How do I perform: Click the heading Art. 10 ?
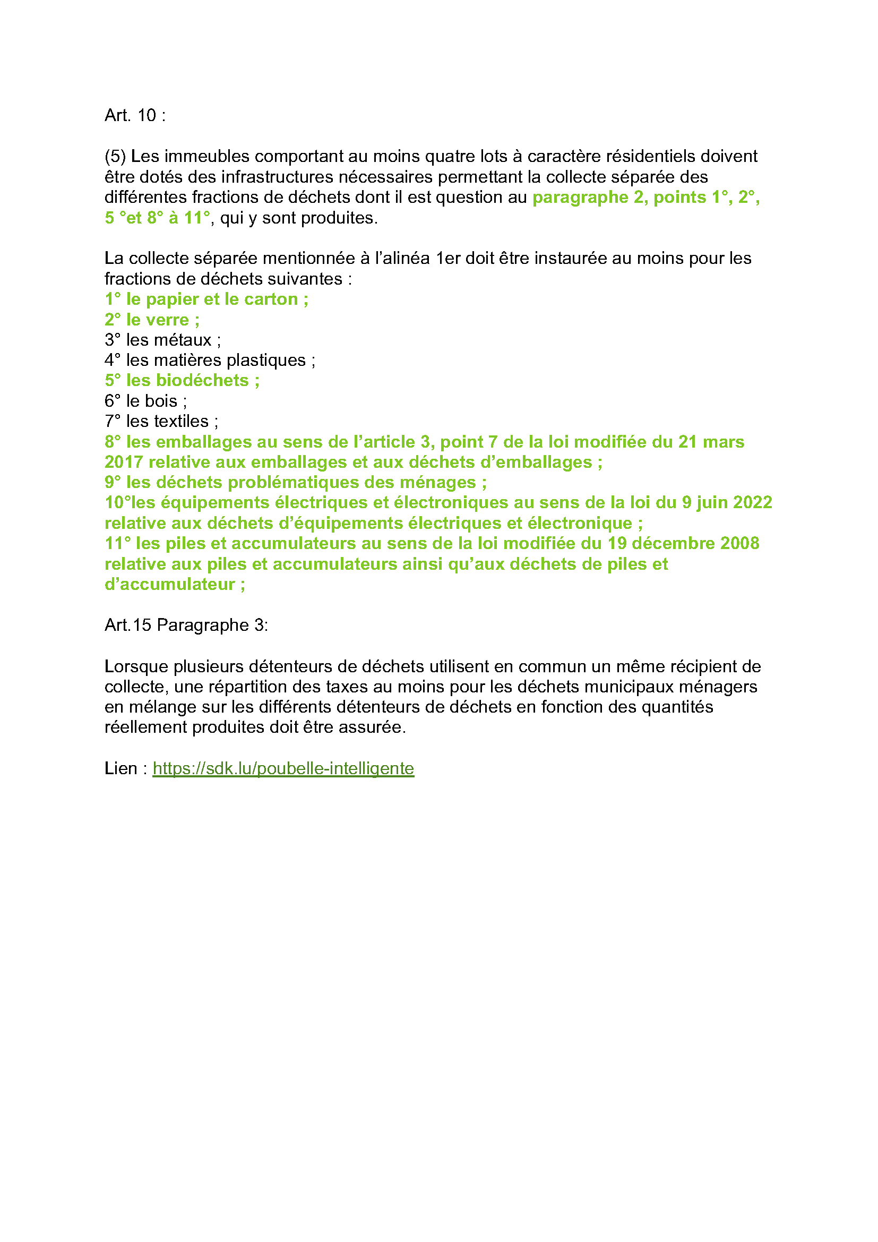[x=135, y=115]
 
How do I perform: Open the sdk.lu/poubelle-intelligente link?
[x=283, y=768]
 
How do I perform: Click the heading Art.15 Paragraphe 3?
[x=186, y=625]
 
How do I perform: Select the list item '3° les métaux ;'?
[x=163, y=340]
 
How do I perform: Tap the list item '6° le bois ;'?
[x=145, y=401]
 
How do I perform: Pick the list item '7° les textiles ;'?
[x=161, y=421]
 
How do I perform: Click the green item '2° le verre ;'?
[x=152, y=320]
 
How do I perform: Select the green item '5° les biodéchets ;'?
[x=182, y=380]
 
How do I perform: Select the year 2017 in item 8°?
[x=124, y=462]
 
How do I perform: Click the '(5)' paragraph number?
[x=115, y=156]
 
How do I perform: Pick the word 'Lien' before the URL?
[x=120, y=768]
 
